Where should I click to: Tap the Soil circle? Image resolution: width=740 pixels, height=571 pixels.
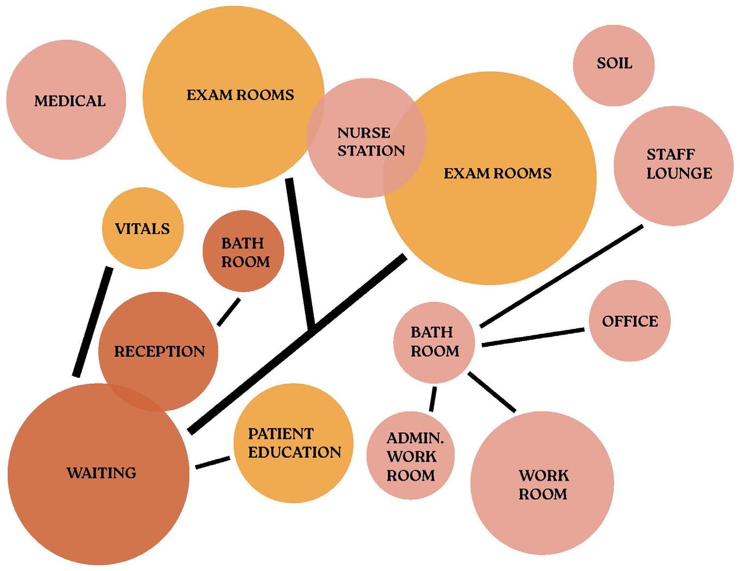[613, 65]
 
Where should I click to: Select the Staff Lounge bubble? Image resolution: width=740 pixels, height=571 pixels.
[673, 166]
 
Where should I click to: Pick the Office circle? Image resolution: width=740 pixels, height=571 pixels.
[630, 321]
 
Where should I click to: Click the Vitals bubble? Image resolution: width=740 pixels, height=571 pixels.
[143, 229]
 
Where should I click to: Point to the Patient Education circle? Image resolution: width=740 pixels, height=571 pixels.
[294, 443]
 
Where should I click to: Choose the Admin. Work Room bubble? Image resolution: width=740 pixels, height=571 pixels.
[410, 456]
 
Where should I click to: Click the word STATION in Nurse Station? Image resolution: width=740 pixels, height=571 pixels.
[371, 151]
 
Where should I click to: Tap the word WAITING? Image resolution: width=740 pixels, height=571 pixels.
[102, 473]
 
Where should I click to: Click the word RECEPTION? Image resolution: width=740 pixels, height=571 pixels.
[159, 352]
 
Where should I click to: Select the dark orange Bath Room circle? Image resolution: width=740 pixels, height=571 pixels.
[244, 251]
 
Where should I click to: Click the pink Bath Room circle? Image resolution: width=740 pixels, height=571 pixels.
[434, 342]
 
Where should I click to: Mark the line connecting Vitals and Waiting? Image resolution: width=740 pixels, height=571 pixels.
[93, 322]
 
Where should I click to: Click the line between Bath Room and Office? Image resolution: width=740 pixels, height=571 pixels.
[533, 337]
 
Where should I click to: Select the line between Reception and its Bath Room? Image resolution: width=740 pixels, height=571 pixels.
[229, 312]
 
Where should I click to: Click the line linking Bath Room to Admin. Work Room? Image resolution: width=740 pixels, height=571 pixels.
[433, 399]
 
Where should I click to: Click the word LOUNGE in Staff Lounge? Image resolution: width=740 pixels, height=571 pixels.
[679, 174]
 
